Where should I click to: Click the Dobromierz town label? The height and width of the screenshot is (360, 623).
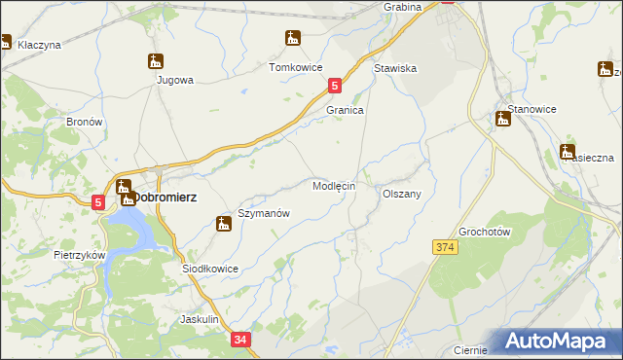tap(165, 197)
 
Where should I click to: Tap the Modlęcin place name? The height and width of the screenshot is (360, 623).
tap(333, 185)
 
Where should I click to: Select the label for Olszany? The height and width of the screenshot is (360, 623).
tap(401, 194)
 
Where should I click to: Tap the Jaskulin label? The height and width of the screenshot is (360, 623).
tap(204, 319)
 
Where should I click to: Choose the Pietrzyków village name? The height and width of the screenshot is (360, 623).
tap(79, 254)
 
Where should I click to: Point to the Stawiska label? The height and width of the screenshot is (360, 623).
tap(395, 69)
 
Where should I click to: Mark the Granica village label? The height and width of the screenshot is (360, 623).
tap(345, 111)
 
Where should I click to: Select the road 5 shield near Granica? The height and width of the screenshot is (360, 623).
tap(335, 87)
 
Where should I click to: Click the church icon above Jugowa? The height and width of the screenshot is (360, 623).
tap(156, 61)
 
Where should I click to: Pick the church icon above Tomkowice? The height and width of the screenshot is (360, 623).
tap(292, 39)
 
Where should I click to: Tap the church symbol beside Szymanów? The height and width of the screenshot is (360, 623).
tap(223, 225)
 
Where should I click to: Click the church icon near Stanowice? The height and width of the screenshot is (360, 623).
tap(503, 119)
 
